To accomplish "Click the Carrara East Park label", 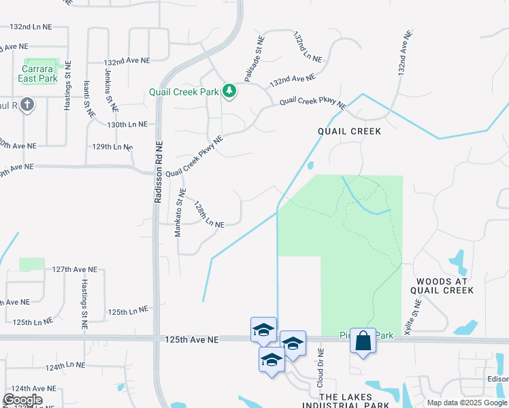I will [x=38, y=74].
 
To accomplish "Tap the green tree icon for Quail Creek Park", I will [x=229, y=90].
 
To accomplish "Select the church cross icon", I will [x=27, y=105].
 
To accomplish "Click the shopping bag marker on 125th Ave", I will [x=363, y=340].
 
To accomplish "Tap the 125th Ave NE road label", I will [x=191, y=339].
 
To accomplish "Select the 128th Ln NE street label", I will [x=209, y=214].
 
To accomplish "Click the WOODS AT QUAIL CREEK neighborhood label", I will [x=442, y=284].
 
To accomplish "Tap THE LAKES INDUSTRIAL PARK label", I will [x=355, y=401].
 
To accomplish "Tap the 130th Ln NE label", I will [x=127, y=124].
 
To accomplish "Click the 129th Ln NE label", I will [x=112, y=146].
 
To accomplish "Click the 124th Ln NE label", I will [x=65, y=366].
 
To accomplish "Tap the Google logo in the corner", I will [x=22, y=400].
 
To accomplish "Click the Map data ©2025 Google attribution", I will [x=467, y=403].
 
